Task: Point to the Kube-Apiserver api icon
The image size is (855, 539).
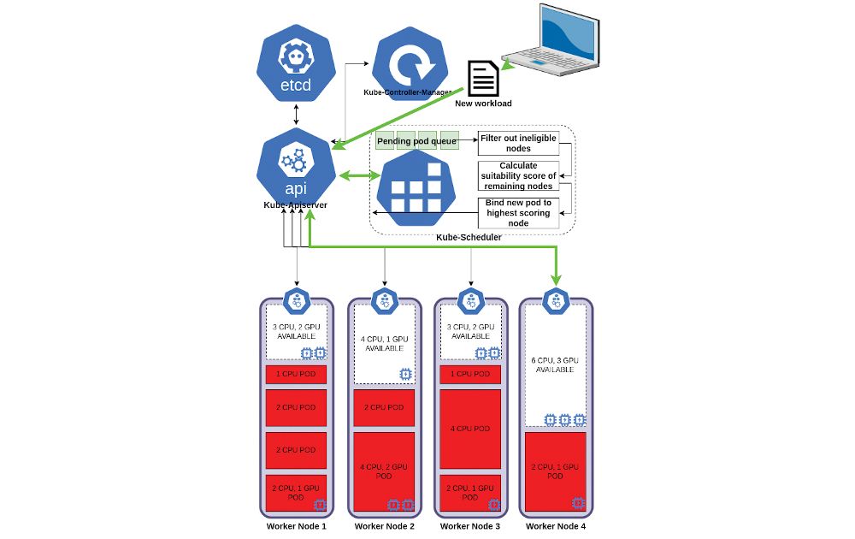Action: pyautogui.click(x=295, y=168)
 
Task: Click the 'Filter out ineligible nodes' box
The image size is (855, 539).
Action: pyautogui.click(x=518, y=143)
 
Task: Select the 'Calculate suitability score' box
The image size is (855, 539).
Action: pyautogui.click(x=518, y=175)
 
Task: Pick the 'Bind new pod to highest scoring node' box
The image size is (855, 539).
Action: pyautogui.click(x=518, y=212)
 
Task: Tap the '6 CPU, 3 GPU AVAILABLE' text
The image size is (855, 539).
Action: pyautogui.click(x=554, y=365)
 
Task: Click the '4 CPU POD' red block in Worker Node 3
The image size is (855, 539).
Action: pyautogui.click(x=470, y=428)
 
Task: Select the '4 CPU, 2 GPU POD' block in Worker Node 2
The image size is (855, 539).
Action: pyautogui.click(x=383, y=471)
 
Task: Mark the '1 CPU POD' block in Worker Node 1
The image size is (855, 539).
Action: pyautogui.click(x=296, y=374)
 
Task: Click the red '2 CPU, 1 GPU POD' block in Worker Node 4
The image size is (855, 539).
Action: pyautogui.click(x=554, y=471)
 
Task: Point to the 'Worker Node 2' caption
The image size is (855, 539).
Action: pyautogui.click(x=384, y=526)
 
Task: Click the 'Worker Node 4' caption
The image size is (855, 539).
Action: pyautogui.click(x=556, y=526)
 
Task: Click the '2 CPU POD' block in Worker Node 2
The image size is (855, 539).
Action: pyautogui.click(x=383, y=407)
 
